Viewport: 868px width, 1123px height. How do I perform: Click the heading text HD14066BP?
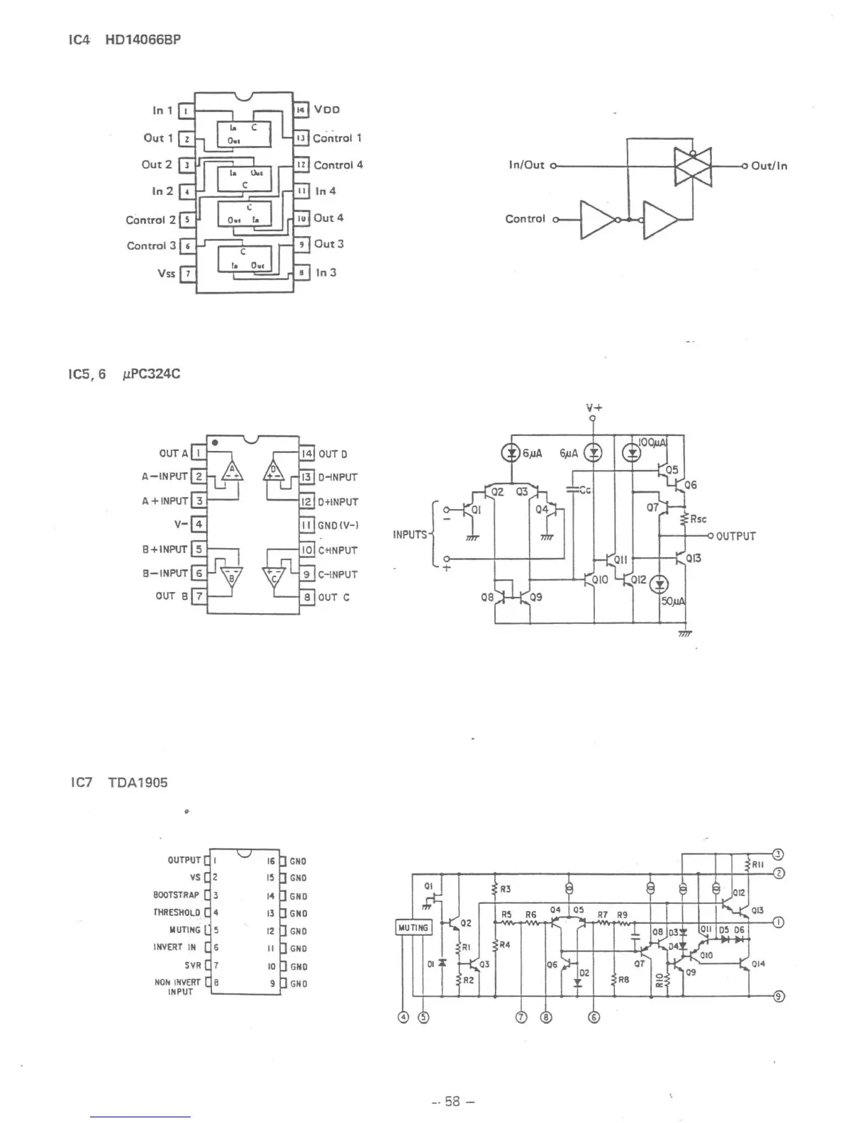[x=143, y=40]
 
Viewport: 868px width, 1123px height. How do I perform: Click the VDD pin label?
[x=327, y=110]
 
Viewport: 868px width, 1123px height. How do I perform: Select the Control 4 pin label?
[x=338, y=165]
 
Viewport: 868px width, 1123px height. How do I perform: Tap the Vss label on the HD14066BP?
[x=167, y=273]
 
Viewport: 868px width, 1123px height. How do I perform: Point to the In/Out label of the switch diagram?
[x=526, y=165]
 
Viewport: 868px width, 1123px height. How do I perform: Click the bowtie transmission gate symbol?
[x=692, y=167]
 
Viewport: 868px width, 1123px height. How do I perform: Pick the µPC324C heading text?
[x=151, y=374]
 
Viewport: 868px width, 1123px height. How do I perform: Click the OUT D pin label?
[x=333, y=454]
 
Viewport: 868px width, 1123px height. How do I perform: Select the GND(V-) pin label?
[x=338, y=525]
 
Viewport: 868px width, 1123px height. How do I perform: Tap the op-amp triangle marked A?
[x=231, y=471]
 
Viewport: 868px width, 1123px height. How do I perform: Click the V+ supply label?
[x=594, y=408]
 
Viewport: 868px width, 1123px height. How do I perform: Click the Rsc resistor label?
[x=698, y=519]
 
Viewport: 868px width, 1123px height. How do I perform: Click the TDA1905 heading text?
[x=138, y=783]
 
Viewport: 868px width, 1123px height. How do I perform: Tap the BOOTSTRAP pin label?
[x=177, y=895]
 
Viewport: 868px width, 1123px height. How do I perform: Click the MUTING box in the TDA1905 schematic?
[x=413, y=927]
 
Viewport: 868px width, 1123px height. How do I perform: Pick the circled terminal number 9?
[x=778, y=997]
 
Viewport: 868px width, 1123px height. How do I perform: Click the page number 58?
[x=452, y=1102]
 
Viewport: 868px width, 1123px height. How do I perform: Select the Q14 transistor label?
[x=758, y=964]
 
